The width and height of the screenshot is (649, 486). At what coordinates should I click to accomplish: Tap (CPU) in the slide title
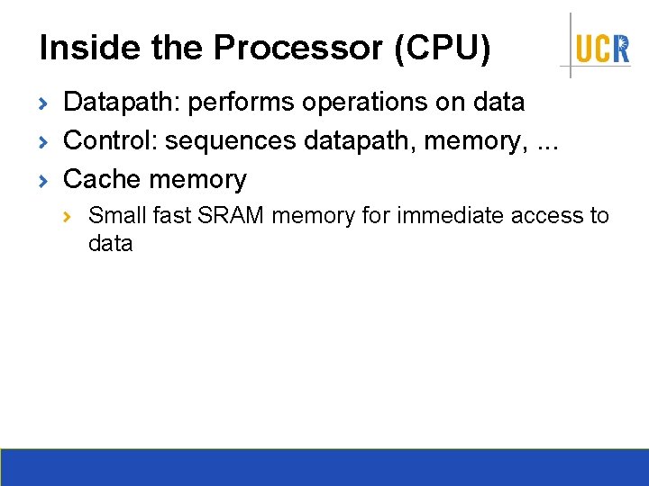click(442, 49)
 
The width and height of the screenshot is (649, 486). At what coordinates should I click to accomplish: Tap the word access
click(549, 216)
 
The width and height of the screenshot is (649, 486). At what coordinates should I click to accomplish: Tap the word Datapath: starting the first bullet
click(123, 103)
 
